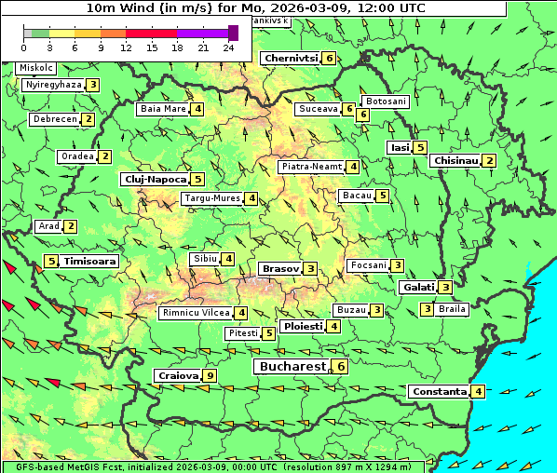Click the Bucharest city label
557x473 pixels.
pyautogui.click(x=292, y=367)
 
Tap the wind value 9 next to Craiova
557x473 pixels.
pyautogui.click(x=211, y=376)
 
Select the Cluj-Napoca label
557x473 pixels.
pyautogui.click(x=155, y=179)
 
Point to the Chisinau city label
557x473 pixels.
pyautogui.click(x=456, y=160)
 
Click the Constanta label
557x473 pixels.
pyautogui.click(x=439, y=392)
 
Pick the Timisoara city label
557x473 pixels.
pyautogui.click(x=90, y=262)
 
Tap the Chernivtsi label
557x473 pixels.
pyautogui.click(x=291, y=58)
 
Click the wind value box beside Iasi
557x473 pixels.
pyautogui.click(x=421, y=147)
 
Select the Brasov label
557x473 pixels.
pyautogui.click(x=280, y=268)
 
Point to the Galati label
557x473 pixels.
pyautogui.click(x=417, y=288)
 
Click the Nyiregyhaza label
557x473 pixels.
pyautogui.click(x=53, y=85)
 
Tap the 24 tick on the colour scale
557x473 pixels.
pyautogui.click(x=228, y=47)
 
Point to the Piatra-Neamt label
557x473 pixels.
pyautogui.click(x=312, y=167)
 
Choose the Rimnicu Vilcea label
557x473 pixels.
pyautogui.click(x=195, y=313)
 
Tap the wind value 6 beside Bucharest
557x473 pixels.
pyautogui.click(x=342, y=367)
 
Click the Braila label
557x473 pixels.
pyautogui.click(x=453, y=309)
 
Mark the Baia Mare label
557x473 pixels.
pyautogui.click(x=163, y=109)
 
